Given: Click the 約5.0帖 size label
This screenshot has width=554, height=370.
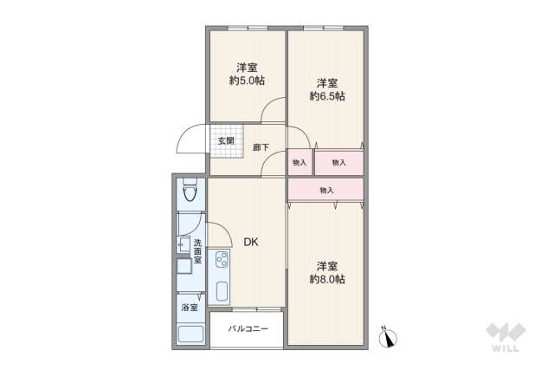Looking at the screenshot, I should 247,81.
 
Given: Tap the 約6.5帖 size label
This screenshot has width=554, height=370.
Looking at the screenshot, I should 327,96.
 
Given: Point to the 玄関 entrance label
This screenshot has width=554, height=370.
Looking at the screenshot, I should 226,140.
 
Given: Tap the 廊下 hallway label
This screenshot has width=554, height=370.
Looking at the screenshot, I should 260,147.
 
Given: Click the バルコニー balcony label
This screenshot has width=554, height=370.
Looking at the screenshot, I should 248,329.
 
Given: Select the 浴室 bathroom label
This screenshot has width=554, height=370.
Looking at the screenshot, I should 189,307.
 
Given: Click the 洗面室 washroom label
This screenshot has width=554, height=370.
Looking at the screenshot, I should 197,251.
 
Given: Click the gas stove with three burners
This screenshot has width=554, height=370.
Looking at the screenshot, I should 221,259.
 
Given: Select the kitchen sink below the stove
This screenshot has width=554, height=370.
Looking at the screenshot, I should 221,291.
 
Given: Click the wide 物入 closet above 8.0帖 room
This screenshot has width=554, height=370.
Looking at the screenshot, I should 325,190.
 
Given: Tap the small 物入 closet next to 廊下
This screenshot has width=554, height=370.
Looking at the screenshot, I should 300,162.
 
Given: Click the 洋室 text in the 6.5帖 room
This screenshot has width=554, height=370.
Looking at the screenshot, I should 326,83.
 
